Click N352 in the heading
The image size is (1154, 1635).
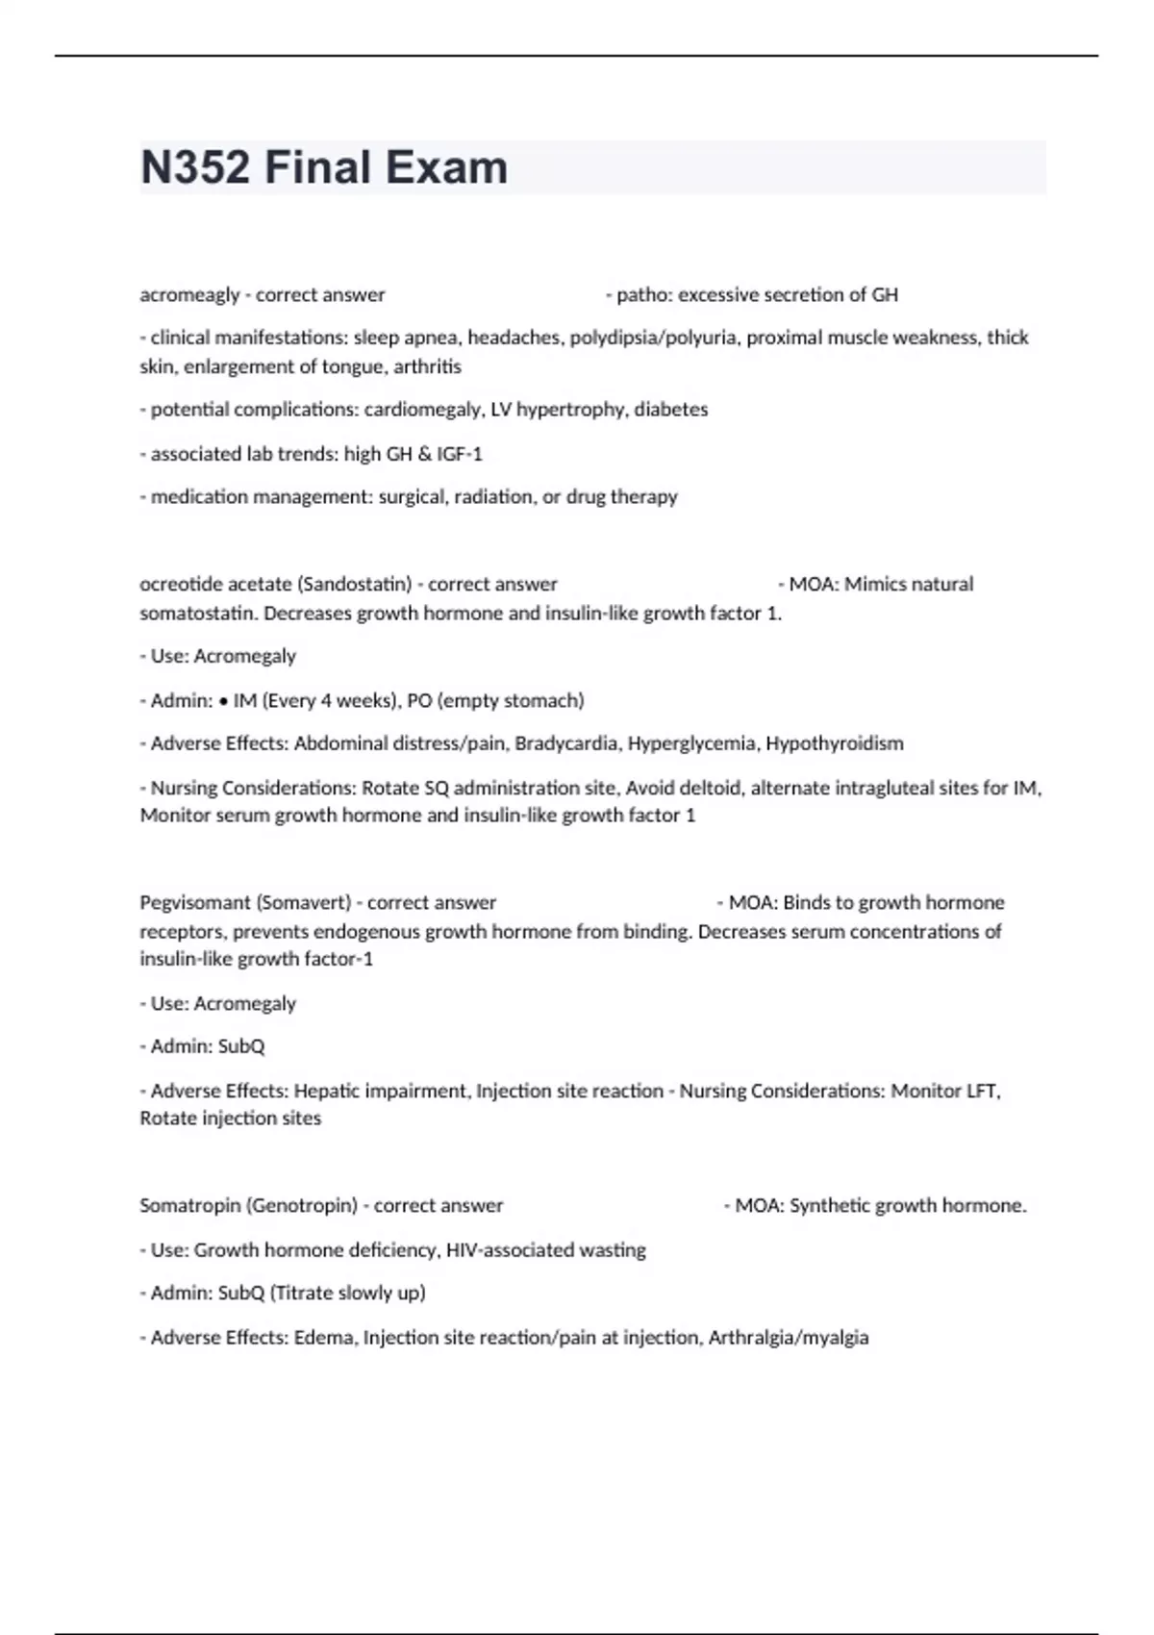[196, 167]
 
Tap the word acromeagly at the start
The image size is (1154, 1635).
[189, 295]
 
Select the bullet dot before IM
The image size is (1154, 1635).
[223, 701]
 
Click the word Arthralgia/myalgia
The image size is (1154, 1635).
[789, 1338]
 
